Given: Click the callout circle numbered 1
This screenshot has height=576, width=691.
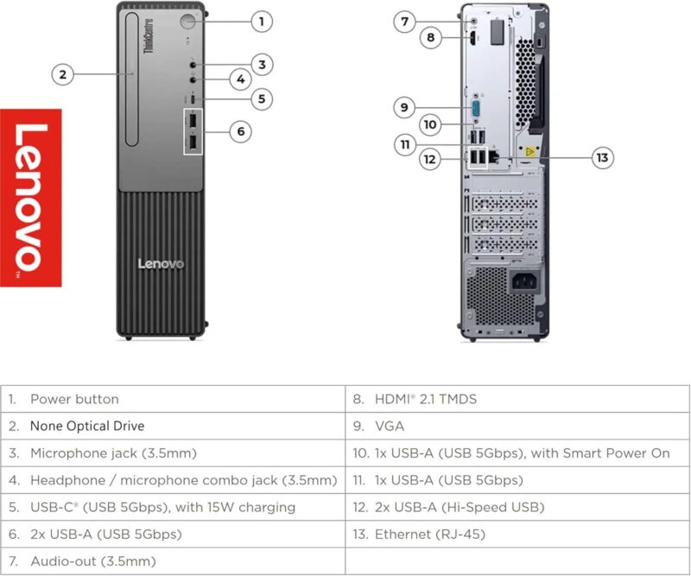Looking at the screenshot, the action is [x=262, y=21].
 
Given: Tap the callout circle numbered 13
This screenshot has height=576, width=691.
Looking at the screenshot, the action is [x=602, y=157].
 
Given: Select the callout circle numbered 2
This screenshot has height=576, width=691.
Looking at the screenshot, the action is [x=63, y=74].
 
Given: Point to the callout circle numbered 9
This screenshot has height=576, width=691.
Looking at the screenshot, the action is [x=404, y=107].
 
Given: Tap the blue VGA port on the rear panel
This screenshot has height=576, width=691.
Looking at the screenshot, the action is [x=476, y=109].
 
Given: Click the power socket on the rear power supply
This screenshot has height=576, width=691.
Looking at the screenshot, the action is [x=524, y=282].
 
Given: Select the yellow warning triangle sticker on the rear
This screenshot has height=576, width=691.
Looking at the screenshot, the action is [x=530, y=152].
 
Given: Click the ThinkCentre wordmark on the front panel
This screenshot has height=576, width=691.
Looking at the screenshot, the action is [x=149, y=35].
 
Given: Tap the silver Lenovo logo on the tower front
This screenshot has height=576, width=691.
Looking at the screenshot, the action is [x=161, y=263].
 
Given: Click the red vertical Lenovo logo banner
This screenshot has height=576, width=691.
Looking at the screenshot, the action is [x=31, y=198].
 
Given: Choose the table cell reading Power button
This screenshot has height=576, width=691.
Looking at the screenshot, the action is [x=174, y=399].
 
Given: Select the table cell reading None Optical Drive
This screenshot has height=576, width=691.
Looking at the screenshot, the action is [x=174, y=426].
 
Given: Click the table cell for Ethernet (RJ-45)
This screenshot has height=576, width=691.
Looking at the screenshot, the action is [x=517, y=535].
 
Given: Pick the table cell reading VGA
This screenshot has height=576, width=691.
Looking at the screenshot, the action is [x=517, y=426].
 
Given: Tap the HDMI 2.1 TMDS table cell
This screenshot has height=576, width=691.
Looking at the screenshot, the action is [x=517, y=399].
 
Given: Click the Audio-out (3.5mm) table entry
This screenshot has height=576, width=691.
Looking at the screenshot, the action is [x=174, y=561].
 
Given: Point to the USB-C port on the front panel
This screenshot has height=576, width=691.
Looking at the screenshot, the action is [x=193, y=98].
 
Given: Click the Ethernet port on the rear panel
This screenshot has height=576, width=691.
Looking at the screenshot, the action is [x=494, y=156].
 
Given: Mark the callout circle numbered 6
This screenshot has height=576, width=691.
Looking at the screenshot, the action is [x=241, y=131].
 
